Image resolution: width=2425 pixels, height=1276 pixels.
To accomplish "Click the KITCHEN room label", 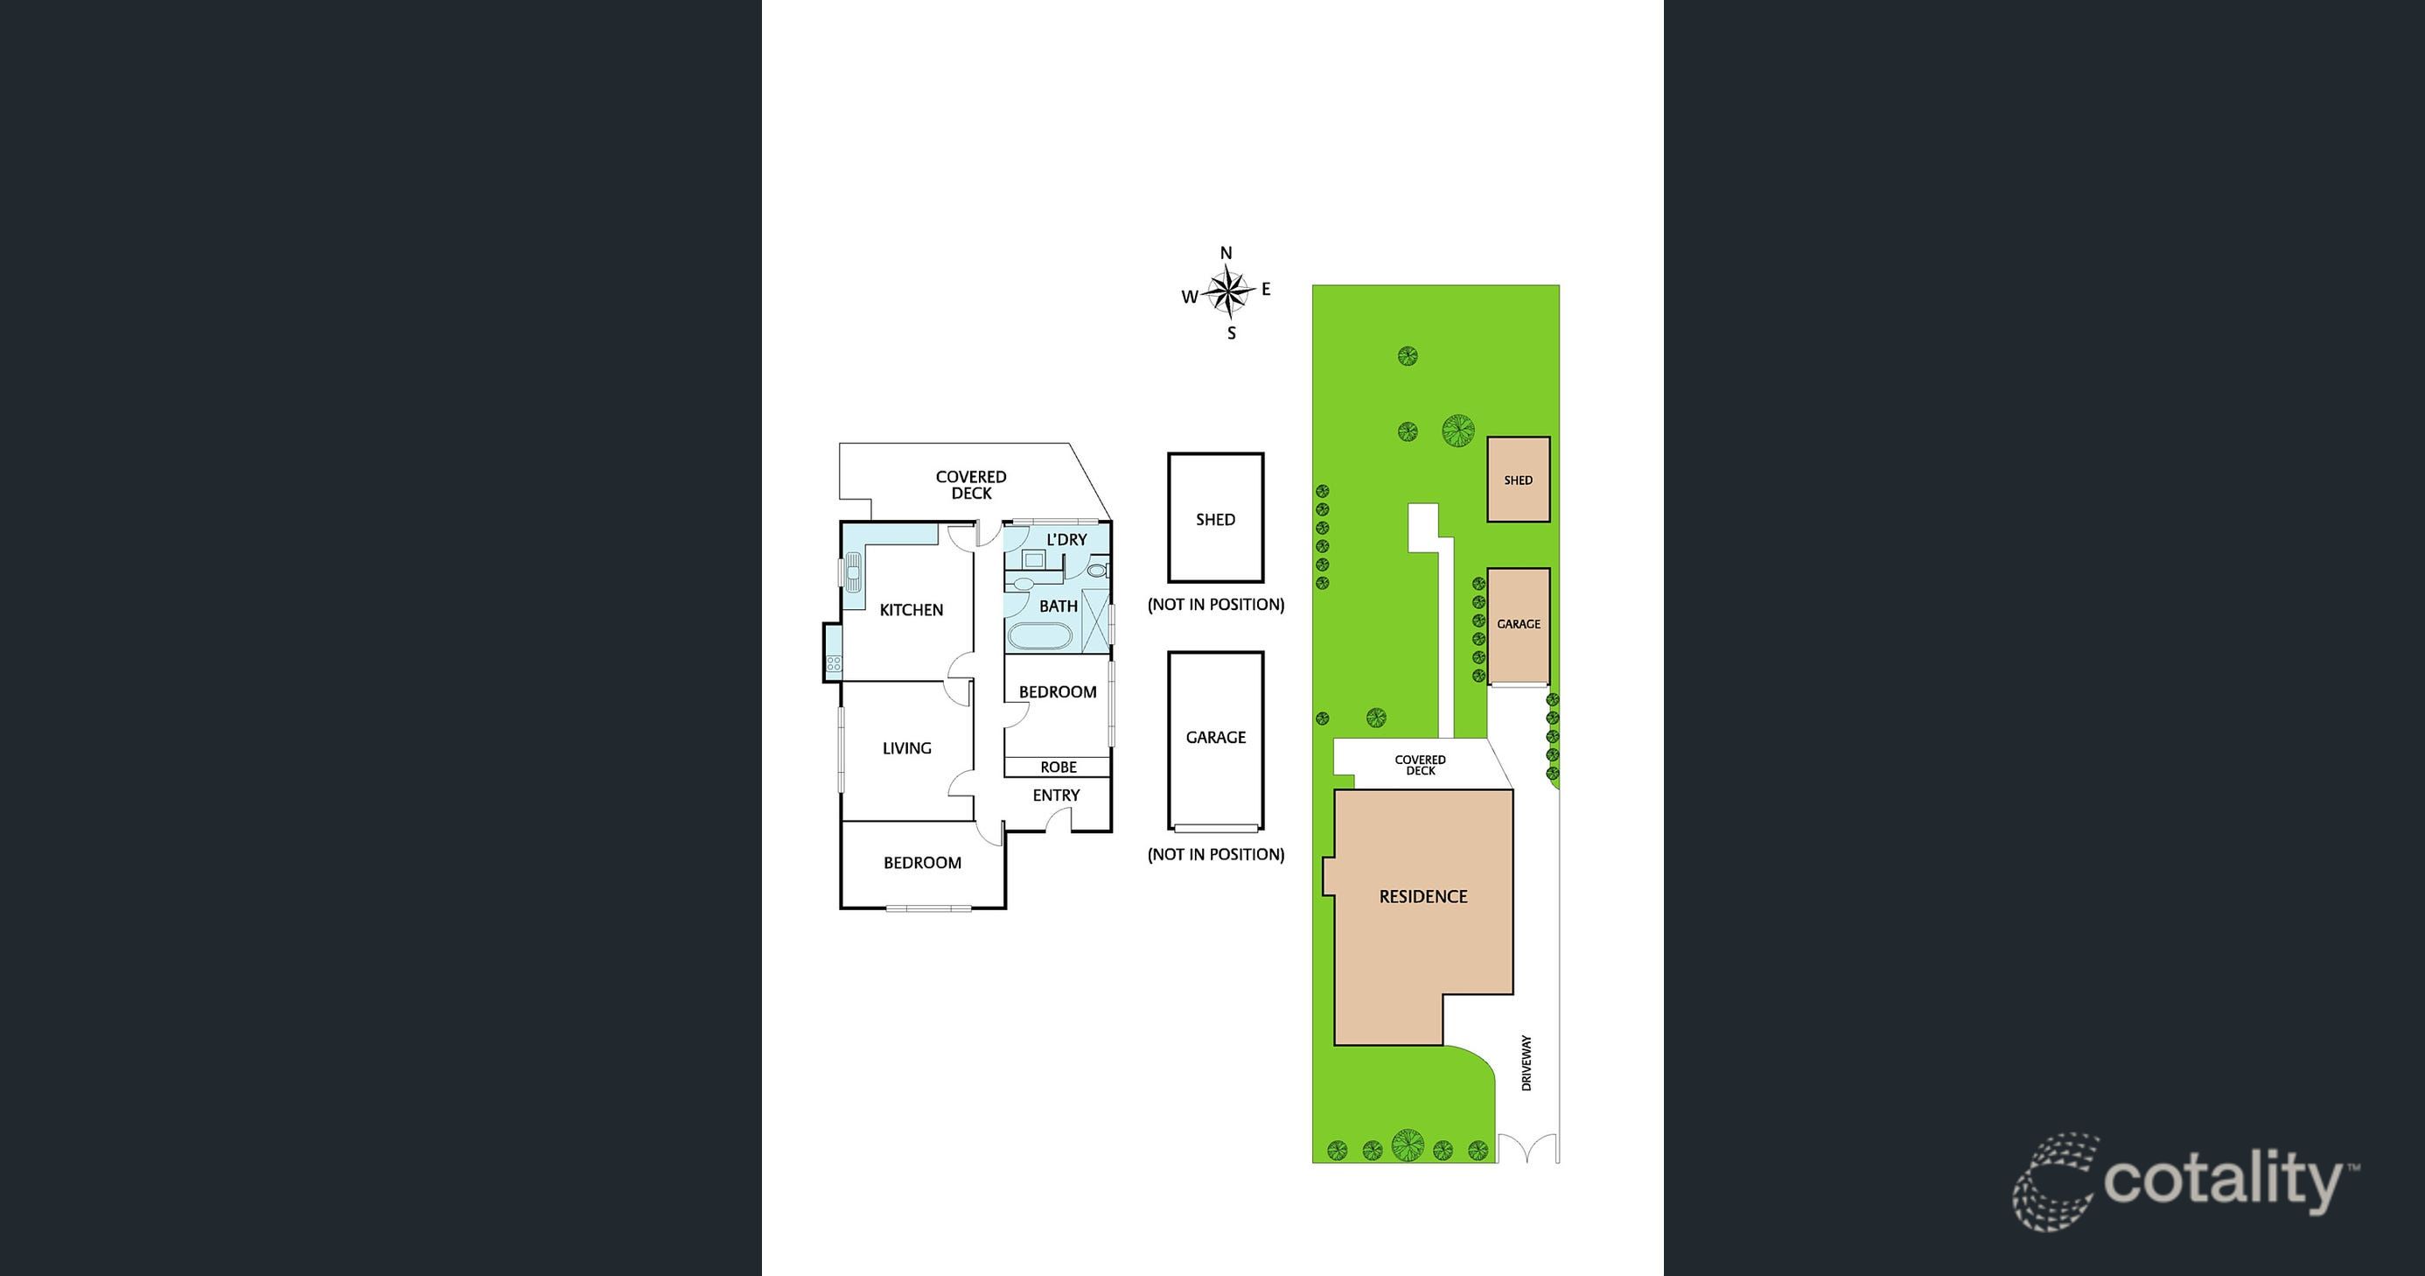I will coord(911,610).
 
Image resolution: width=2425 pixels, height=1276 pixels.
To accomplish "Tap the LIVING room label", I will coord(906,748).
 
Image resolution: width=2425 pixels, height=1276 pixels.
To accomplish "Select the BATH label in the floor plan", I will coord(1059,606).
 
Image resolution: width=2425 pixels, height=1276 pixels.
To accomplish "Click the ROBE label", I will coord(1059,768).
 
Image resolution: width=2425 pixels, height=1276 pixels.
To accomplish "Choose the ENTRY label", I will coord(1055,796).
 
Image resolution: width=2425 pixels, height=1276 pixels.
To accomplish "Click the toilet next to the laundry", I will coord(1097,570).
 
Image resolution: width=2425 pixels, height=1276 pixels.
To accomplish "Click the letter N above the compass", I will coord(1226,252).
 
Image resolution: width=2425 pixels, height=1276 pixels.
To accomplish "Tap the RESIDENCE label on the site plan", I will coord(1422,896).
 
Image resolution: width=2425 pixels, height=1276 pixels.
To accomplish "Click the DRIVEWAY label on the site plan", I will coord(1526,1062).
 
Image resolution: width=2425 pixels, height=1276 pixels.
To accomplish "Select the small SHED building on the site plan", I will coord(1518,480).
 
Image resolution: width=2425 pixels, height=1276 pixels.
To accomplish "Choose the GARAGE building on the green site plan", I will coord(1518,624).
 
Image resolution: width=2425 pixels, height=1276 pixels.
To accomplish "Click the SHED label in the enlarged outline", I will coord(1215,520).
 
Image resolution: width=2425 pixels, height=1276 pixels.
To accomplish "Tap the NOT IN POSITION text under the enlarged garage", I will coord(1215,855).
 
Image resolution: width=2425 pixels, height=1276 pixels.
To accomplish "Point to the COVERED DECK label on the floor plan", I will coord(970,485).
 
